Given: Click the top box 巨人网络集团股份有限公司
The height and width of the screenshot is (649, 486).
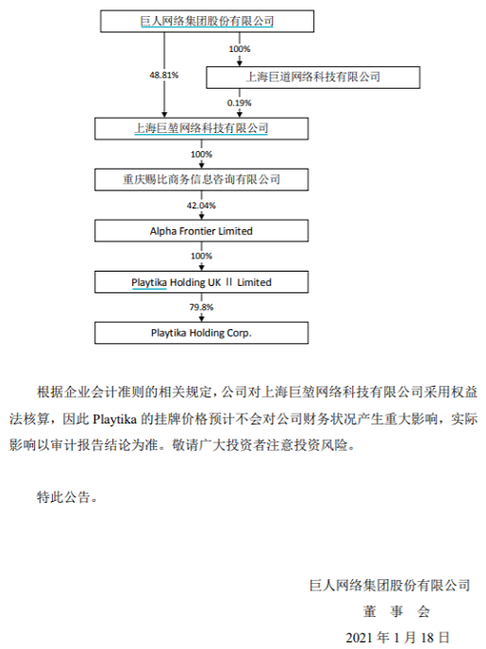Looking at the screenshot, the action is tap(207, 21).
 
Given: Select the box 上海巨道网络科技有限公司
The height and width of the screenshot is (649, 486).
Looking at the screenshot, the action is tap(313, 77).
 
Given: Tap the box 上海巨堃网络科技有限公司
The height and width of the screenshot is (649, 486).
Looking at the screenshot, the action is tap(201, 128).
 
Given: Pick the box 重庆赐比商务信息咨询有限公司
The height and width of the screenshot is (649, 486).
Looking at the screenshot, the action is tap(201, 179).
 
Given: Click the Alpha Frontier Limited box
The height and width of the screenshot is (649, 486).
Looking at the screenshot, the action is tap(201, 230).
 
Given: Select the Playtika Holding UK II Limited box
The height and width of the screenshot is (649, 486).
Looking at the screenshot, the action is tap(201, 282).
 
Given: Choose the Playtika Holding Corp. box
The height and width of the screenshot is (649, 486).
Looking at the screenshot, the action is tap(201, 333).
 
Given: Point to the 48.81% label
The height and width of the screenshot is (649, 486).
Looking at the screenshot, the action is tap(164, 75).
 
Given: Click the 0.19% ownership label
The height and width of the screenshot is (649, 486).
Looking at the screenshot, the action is tap(240, 103).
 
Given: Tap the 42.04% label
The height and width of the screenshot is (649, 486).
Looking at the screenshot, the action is tap(201, 206).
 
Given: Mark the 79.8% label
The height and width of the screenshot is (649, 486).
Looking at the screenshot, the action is tap(201, 308).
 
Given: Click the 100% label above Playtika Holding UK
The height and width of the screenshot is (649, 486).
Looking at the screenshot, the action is tap(201, 257).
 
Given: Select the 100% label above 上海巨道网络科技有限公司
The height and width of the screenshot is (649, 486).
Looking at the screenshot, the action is tap(240, 49).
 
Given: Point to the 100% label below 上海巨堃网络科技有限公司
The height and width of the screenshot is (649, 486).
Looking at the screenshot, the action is tap(201, 155).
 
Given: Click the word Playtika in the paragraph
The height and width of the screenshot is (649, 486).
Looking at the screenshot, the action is tap(115, 419).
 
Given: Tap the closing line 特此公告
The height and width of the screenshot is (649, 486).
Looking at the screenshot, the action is tap(68, 497).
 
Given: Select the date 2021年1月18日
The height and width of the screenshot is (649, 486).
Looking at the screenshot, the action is tap(397, 638).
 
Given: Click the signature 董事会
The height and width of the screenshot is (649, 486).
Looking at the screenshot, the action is tap(396, 611).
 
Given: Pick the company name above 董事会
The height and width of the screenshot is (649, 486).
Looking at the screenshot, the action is tap(390, 585).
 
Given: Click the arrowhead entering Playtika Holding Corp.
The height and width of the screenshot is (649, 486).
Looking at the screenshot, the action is tap(202, 318).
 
